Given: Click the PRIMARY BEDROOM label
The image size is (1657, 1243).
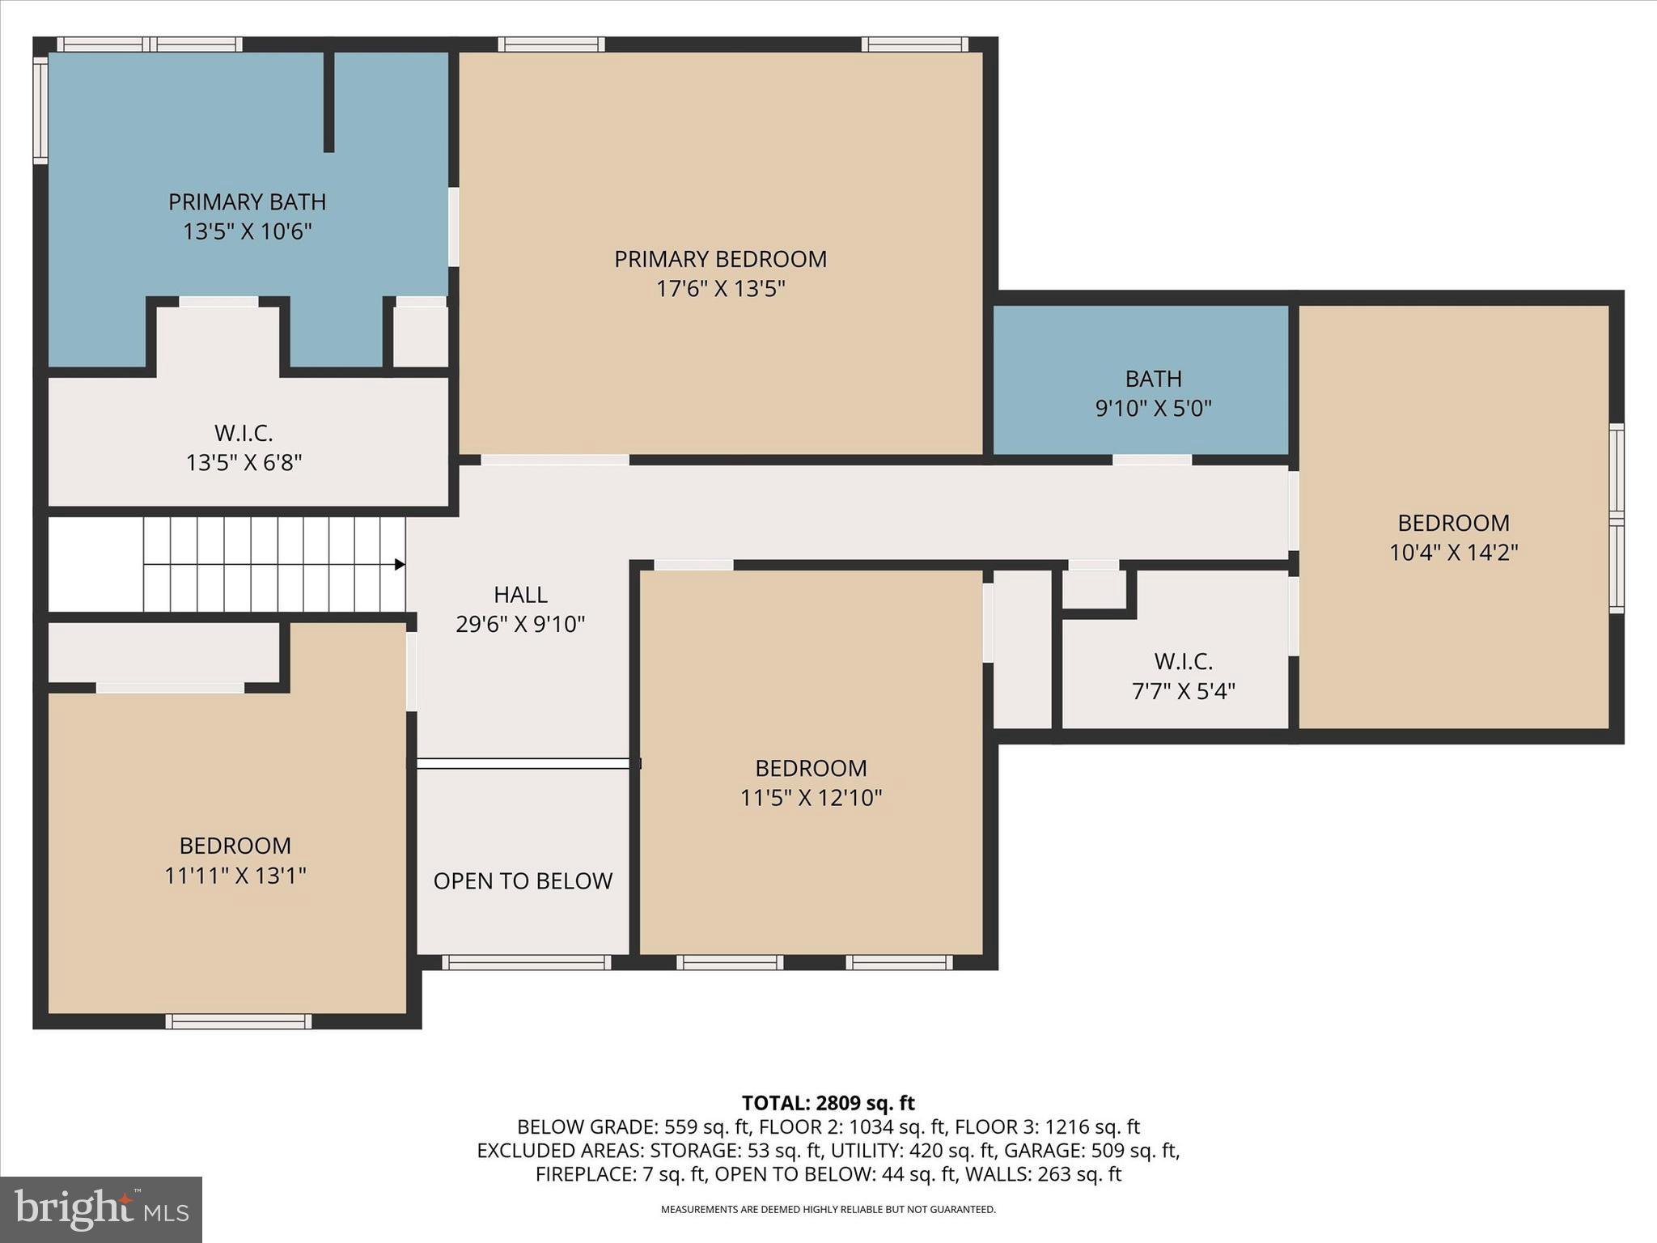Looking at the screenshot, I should [720, 259].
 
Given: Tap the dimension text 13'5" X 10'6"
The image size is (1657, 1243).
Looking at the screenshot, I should [247, 231].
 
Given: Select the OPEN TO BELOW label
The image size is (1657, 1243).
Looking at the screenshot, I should [523, 880].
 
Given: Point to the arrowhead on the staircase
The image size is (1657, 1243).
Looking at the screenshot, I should [400, 564].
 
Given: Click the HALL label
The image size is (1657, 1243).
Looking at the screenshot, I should [520, 595].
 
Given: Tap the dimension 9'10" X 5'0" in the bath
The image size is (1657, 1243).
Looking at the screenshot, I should [1153, 408].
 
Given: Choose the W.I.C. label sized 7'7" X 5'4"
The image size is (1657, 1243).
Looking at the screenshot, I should [1183, 661].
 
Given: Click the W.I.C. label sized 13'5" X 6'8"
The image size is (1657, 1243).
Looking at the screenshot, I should [244, 433].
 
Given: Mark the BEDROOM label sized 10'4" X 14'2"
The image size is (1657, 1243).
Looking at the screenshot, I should [1453, 523].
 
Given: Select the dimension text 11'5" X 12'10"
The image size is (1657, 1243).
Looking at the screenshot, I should [811, 798].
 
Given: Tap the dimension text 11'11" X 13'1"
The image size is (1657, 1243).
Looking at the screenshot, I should [235, 876].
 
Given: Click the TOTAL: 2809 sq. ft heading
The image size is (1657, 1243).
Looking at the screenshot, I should [828, 1103].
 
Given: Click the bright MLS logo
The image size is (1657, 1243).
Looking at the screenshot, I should [101, 1209].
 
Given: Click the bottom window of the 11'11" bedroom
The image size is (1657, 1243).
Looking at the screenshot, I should [239, 1021].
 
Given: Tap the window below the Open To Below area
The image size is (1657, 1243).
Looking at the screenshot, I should [526, 962].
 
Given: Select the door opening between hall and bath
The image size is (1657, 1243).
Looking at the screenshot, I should [1152, 460].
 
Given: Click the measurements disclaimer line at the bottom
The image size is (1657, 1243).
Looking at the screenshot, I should [828, 1210].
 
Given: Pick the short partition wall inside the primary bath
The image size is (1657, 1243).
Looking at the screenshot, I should [328, 101].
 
